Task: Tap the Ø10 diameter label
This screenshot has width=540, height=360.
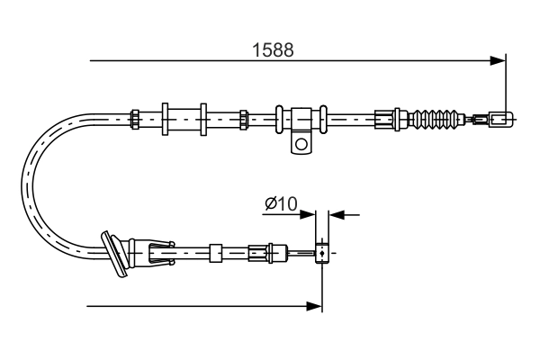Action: click(x=281, y=205)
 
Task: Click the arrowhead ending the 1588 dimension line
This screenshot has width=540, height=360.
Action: click(x=498, y=61)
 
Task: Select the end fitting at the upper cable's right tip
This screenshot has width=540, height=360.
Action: click(x=499, y=118)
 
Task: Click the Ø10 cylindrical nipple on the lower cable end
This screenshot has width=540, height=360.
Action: click(x=320, y=254)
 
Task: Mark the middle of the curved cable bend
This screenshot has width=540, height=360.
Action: click(x=30, y=184)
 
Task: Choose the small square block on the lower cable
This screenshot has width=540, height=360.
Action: click(x=215, y=253)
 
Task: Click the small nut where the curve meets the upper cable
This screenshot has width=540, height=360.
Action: click(x=134, y=118)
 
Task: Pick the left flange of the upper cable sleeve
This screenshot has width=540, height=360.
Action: click(x=166, y=118)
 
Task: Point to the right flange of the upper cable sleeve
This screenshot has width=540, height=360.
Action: click(x=204, y=118)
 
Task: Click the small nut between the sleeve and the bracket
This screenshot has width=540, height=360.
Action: click(x=244, y=118)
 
